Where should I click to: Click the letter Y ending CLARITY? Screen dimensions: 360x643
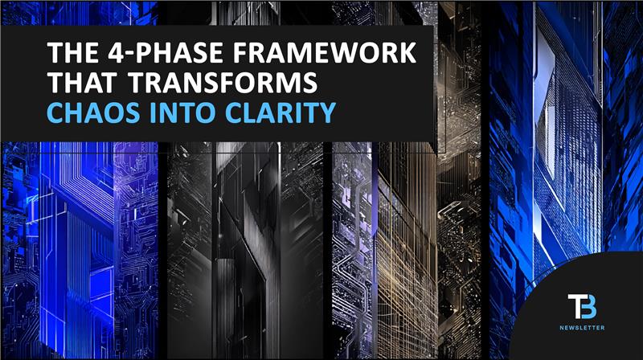pyautogui.click(x=326, y=113)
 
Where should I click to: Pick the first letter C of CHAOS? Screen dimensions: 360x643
pyautogui.click(x=55, y=113)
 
